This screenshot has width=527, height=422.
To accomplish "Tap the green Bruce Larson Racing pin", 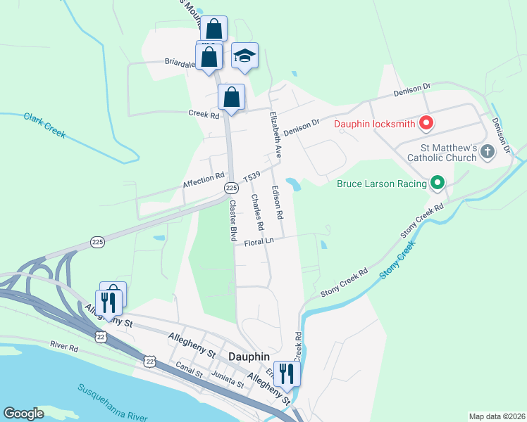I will click(x=438, y=184).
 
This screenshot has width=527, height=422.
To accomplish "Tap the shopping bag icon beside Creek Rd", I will click(x=231, y=98).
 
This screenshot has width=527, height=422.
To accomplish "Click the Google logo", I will click(x=23, y=414).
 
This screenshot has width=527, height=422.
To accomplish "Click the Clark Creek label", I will click(x=44, y=126).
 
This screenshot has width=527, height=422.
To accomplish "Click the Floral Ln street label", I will click(x=259, y=242).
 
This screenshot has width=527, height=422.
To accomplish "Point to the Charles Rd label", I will click(x=257, y=212).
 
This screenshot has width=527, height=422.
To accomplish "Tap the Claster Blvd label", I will click(x=232, y=222).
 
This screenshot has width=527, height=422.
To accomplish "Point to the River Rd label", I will click(x=64, y=346).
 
